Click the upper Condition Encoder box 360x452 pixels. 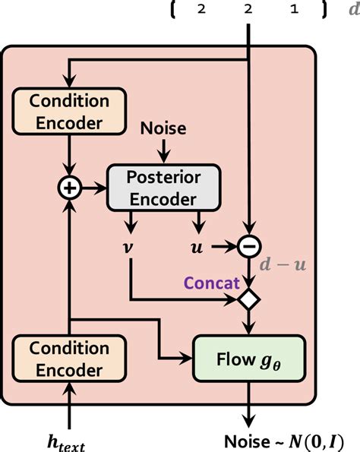[x=69, y=111]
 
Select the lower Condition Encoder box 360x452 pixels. [x=69, y=359]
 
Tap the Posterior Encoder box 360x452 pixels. [x=164, y=186]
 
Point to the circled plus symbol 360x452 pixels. [x=69, y=187]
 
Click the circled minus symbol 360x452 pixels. [x=248, y=247]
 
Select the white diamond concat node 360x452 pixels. [x=248, y=298]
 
